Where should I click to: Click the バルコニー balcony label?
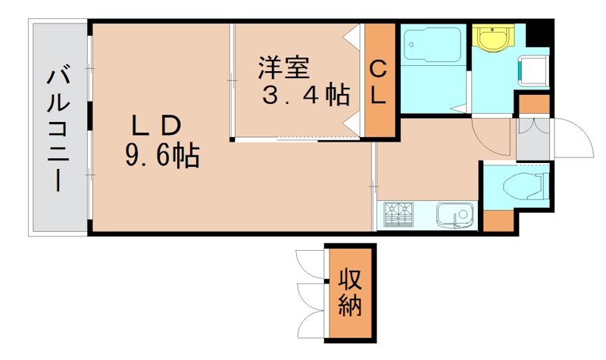click(x=58, y=128)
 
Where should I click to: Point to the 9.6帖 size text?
click(x=162, y=156)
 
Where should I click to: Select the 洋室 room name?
click(x=283, y=68)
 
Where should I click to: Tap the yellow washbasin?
click(x=493, y=37)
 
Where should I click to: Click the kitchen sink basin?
click(x=456, y=215)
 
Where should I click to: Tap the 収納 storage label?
click(x=349, y=292)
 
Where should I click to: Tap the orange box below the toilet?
click(x=497, y=220)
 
